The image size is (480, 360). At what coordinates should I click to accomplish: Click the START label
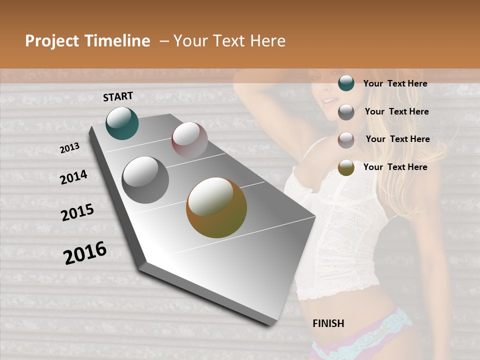coord(118,96)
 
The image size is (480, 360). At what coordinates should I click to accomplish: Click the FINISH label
coord(328,323)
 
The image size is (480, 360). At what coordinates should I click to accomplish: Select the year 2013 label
coord(69,148)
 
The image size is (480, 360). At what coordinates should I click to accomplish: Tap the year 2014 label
coord(73,177)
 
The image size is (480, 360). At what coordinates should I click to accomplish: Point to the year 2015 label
coord(77,212)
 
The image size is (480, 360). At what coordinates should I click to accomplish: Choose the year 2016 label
coord(85,252)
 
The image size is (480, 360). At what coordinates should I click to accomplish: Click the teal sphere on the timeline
coord(122,123)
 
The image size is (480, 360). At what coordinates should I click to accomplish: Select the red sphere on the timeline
coord(189,140)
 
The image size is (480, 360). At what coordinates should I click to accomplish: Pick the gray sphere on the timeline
coord(145,179)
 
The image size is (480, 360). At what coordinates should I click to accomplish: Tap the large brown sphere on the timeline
coord(216,207)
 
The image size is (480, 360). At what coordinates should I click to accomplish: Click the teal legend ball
coord(346,83)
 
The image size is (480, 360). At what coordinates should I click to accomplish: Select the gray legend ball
coord(346,112)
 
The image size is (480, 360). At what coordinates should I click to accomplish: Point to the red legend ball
coord(346,140)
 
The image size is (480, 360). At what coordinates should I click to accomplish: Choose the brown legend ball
coord(346,167)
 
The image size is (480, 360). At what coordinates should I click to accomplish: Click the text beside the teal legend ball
coord(395,83)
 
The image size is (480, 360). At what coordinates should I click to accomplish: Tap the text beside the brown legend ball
coord(395,167)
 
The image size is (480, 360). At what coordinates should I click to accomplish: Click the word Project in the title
coord(52,41)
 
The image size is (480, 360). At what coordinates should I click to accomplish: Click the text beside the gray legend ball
coord(396,111)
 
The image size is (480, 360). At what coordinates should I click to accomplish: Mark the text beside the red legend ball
coord(397,139)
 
